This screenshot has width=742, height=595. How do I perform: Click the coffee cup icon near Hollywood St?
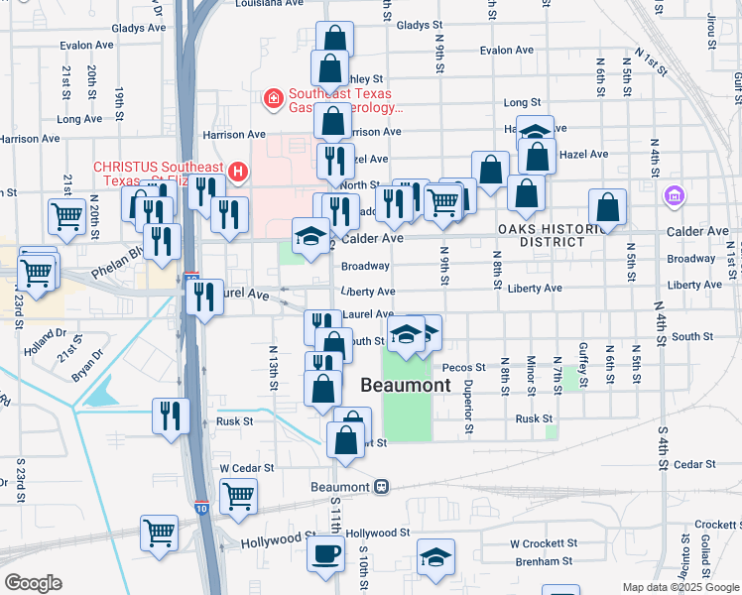click(x=326, y=553)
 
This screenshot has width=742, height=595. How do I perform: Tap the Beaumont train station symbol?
click(x=381, y=487)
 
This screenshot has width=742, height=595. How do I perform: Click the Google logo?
click(x=33, y=582)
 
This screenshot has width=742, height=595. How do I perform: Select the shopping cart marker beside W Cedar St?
click(x=238, y=496)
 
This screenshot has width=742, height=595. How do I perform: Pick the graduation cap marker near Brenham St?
click(x=435, y=557)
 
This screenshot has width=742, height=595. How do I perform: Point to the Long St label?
click(x=522, y=102)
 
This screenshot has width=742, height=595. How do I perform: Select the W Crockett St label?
click(x=543, y=543)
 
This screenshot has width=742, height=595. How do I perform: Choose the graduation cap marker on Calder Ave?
click(x=310, y=235)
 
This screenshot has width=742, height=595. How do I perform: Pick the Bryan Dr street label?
click(x=87, y=365)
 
